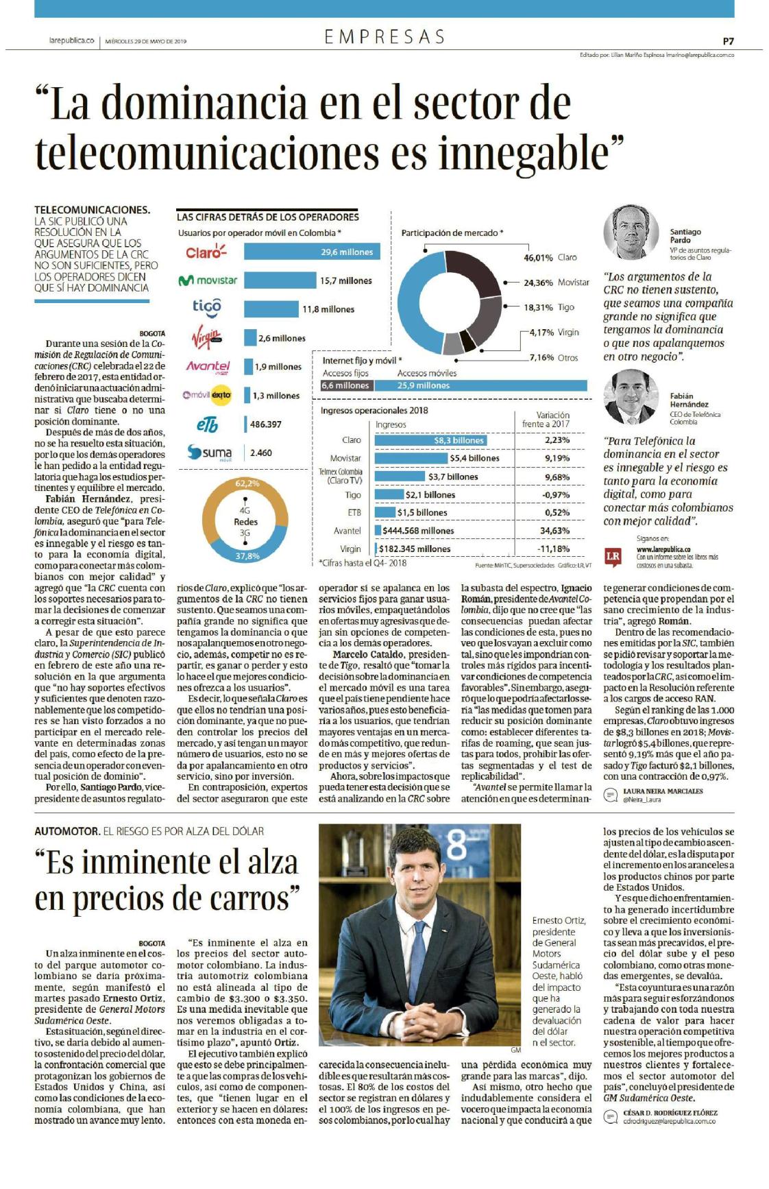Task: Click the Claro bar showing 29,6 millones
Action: [x=313, y=252]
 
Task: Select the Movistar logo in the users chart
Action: [x=208, y=280]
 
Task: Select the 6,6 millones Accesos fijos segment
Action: [x=346, y=385]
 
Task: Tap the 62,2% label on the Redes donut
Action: [x=247, y=483]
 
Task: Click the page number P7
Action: [x=728, y=40]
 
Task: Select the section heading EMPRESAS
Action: [x=384, y=37]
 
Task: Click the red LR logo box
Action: [x=613, y=556]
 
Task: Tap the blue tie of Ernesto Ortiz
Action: [x=417, y=956]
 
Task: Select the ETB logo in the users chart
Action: [x=207, y=424]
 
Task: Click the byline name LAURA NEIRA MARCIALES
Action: [x=663, y=791]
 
